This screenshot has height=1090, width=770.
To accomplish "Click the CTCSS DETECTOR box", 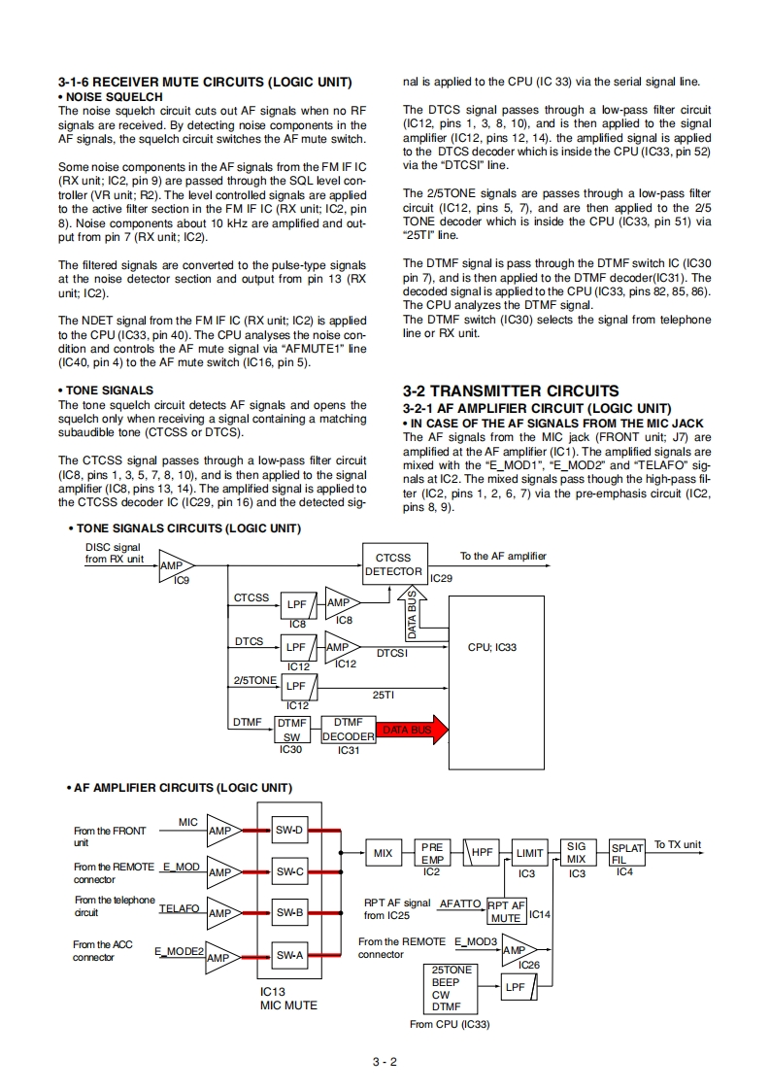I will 393,564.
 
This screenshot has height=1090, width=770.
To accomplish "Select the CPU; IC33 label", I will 492,648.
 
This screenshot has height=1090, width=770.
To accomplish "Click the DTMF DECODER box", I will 348,730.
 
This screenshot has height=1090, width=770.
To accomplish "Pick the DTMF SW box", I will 291,730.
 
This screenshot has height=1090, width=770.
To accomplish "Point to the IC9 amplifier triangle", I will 176,566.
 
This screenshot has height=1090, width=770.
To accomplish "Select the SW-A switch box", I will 289,956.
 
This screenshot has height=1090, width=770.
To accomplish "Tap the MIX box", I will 384,853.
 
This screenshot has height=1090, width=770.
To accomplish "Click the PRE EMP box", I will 431,853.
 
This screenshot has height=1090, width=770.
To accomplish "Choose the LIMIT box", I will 529,853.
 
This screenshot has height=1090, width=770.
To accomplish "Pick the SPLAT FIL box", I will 626,853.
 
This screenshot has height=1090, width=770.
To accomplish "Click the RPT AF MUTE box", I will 506,911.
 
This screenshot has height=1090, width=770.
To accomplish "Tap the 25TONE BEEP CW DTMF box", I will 453,988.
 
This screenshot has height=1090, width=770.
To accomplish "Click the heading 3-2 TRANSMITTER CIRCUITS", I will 510,391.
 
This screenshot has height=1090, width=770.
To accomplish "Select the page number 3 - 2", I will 385,1061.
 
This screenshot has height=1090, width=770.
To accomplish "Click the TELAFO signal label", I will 179,908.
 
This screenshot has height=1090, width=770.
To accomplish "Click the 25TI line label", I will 383,695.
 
